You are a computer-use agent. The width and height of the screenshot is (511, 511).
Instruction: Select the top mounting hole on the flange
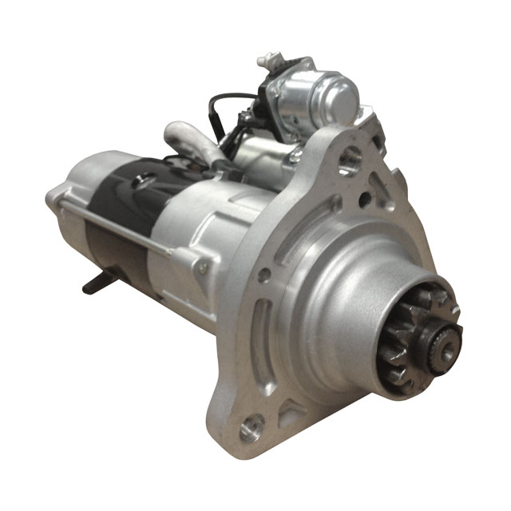348,163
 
